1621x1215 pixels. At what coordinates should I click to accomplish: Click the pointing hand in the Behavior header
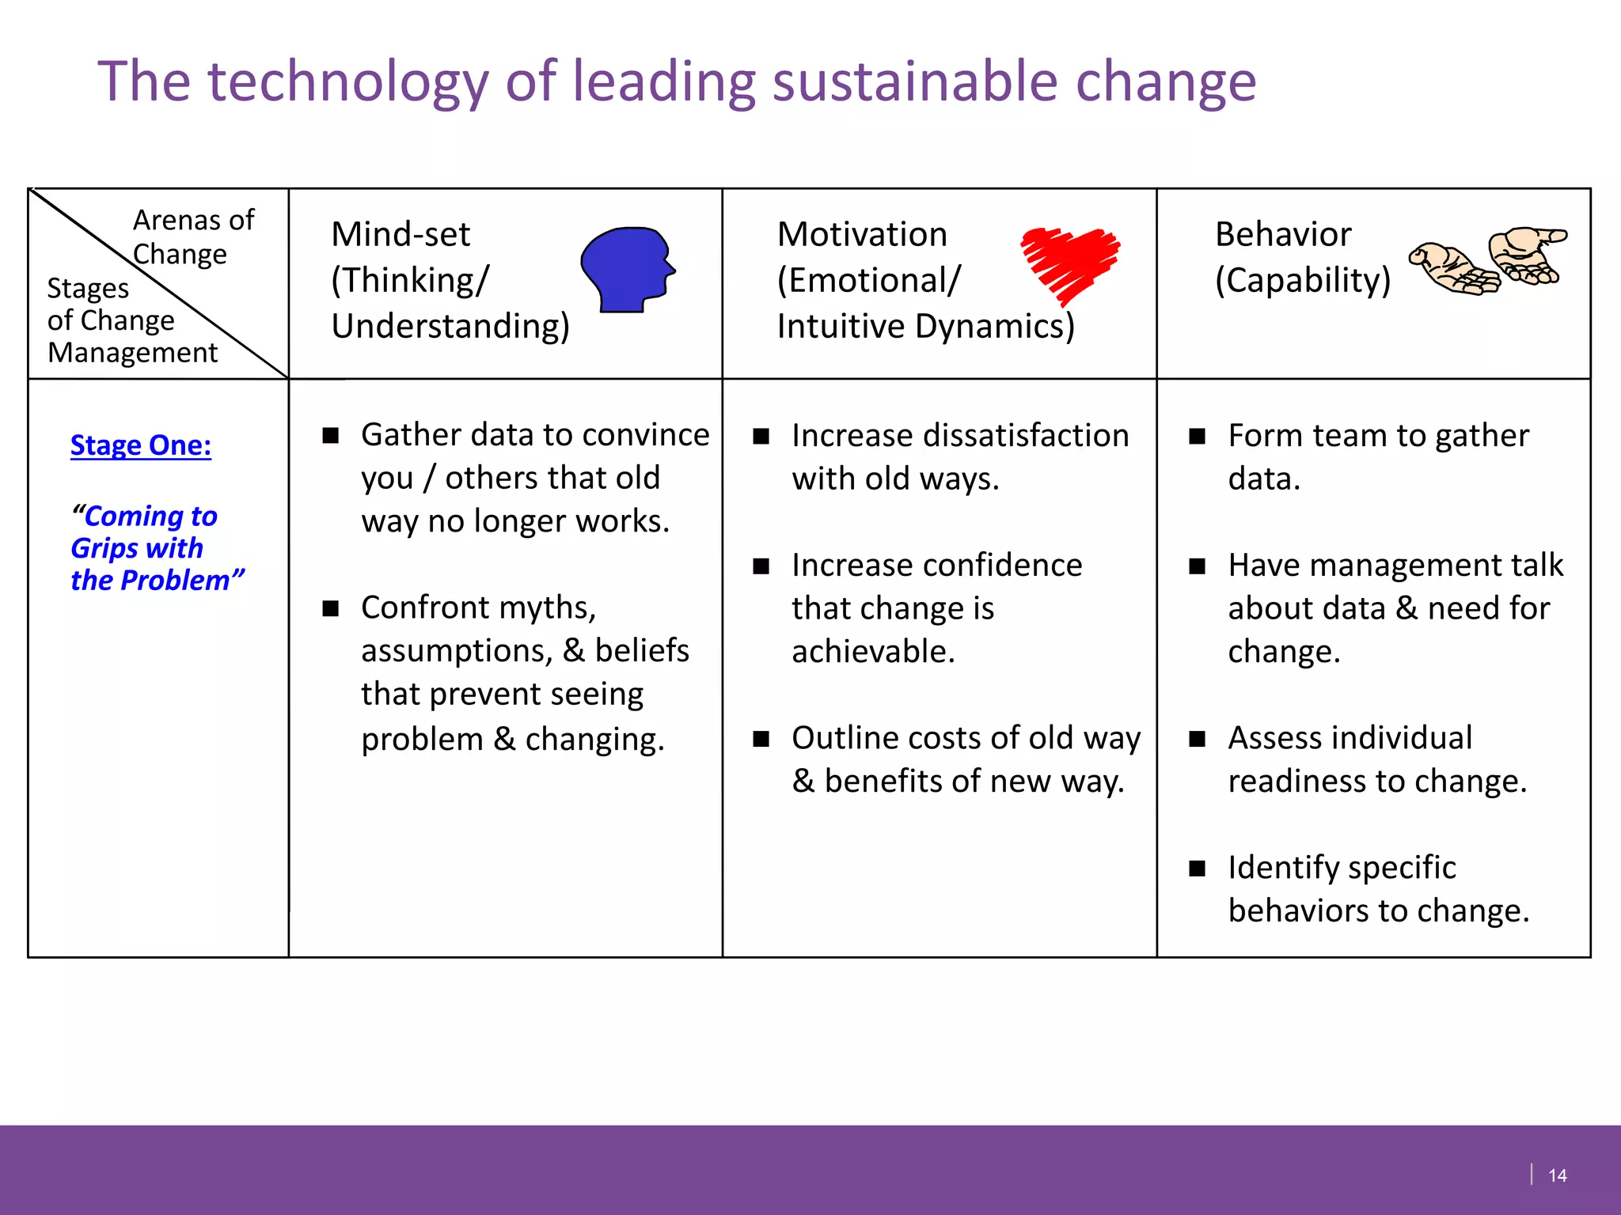tap(1526, 255)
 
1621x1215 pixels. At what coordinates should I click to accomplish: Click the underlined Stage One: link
tap(141, 445)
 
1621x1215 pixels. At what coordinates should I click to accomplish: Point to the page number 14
tap(1557, 1175)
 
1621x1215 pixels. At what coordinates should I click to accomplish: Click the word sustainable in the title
tap(914, 81)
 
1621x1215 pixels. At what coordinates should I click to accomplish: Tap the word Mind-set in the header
tap(401, 234)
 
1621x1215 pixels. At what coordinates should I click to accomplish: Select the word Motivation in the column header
tap(862, 234)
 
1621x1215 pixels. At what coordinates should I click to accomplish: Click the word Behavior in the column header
tap(1283, 234)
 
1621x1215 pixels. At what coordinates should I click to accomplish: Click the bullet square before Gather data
tap(331, 436)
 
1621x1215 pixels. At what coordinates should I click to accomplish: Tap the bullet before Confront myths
tap(331, 608)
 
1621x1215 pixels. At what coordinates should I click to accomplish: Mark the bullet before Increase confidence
tap(761, 566)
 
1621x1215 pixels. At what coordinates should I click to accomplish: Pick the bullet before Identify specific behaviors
tap(1198, 869)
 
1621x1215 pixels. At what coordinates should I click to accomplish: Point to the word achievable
tap(872, 652)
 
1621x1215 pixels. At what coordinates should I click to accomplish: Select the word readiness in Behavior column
tap(1296, 782)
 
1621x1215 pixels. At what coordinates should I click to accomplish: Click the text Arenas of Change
tap(192, 237)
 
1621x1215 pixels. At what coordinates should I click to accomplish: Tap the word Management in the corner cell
tap(132, 353)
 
